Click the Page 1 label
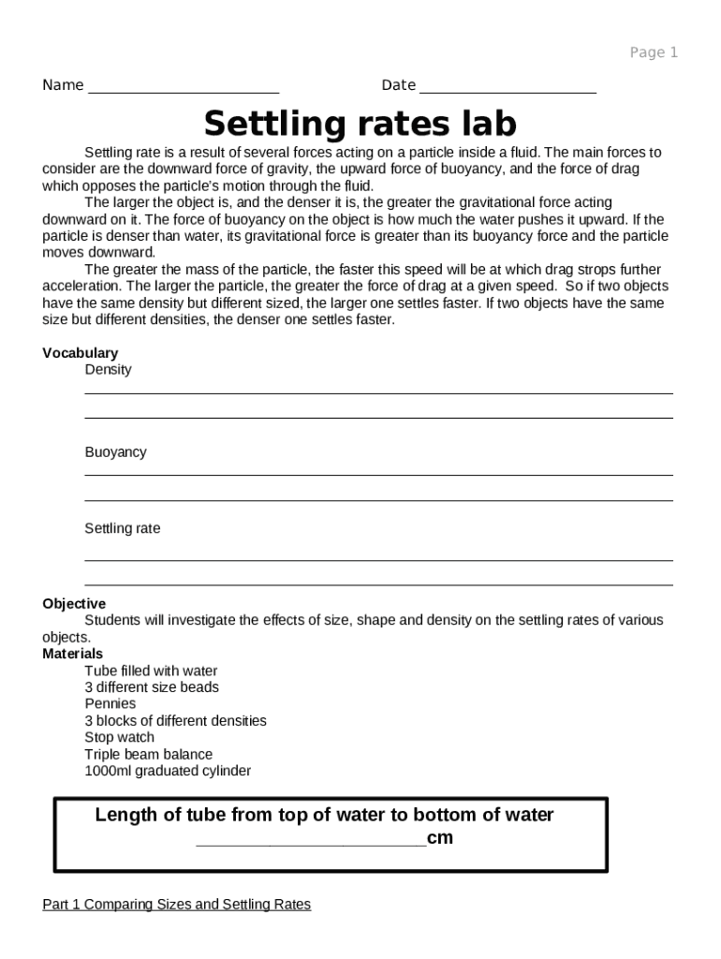[x=653, y=52]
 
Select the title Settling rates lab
[x=360, y=124]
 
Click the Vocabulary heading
[x=80, y=353]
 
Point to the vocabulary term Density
[x=108, y=370]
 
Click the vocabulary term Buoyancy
[x=115, y=452]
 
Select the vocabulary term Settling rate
[x=122, y=529]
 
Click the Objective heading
[x=74, y=604]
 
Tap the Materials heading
[x=72, y=654]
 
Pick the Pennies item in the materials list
[x=110, y=704]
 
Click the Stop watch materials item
[x=119, y=738]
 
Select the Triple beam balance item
[x=148, y=755]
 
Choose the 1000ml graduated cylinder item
[x=168, y=772]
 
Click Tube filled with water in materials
[x=151, y=671]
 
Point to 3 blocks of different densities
[x=175, y=721]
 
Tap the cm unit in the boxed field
[x=440, y=838]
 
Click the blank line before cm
[x=311, y=841]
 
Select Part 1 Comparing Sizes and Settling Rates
[x=176, y=905]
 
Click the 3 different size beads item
[x=152, y=687]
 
